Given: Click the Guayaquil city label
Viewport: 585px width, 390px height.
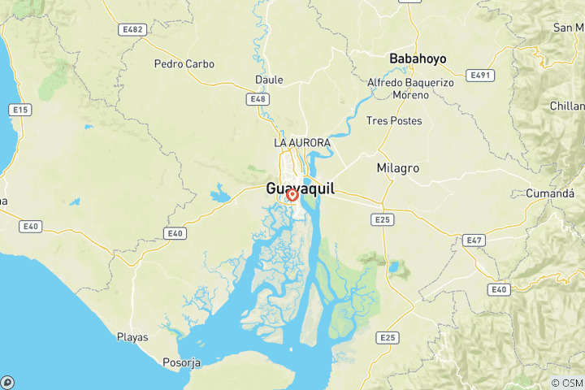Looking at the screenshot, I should point(300,188).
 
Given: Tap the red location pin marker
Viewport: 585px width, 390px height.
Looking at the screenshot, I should point(292,195).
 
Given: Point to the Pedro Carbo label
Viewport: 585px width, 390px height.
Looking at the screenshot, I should point(183,63).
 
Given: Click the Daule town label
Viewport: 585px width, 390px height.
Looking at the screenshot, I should point(269,80).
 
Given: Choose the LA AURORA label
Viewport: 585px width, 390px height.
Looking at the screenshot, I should point(302,143).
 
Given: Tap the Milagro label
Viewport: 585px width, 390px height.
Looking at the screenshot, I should point(398,168).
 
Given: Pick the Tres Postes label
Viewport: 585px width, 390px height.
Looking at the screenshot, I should point(394,121).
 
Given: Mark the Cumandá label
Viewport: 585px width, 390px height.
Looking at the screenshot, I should point(550,194).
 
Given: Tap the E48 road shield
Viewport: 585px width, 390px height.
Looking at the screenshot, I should point(258,99).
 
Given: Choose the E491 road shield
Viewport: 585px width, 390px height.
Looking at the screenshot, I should point(481,75).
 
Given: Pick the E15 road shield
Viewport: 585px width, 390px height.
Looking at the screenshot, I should point(19,109).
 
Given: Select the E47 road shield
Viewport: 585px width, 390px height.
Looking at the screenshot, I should point(474,240).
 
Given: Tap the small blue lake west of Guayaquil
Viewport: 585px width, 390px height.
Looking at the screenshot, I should point(219,195).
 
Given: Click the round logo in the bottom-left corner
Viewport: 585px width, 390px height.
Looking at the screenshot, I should point(7,382).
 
